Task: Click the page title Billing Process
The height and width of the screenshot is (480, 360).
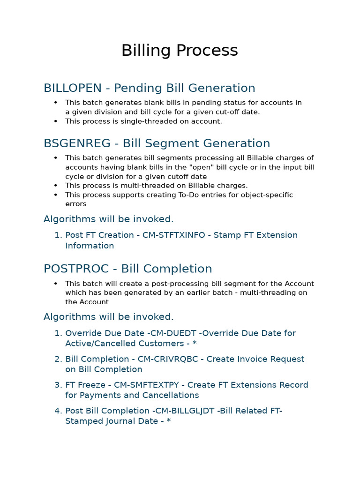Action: (180, 51)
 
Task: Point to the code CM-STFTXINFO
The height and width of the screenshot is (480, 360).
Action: (174, 235)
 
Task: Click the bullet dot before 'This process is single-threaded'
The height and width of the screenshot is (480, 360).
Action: (56, 121)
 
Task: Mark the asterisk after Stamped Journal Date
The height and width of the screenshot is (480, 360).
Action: (169, 421)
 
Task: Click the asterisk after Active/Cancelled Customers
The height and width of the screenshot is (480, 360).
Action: (194, 344)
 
